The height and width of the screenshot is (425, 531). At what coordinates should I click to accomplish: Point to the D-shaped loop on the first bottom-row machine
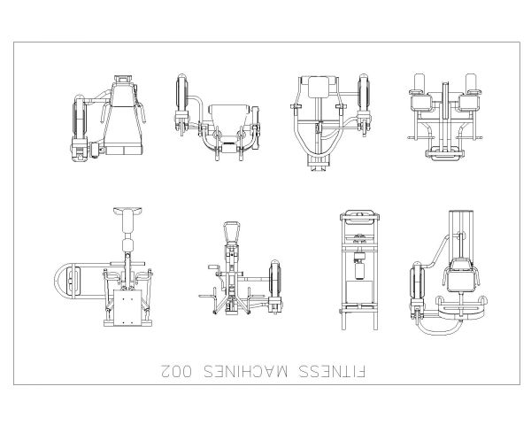point(66,282)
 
